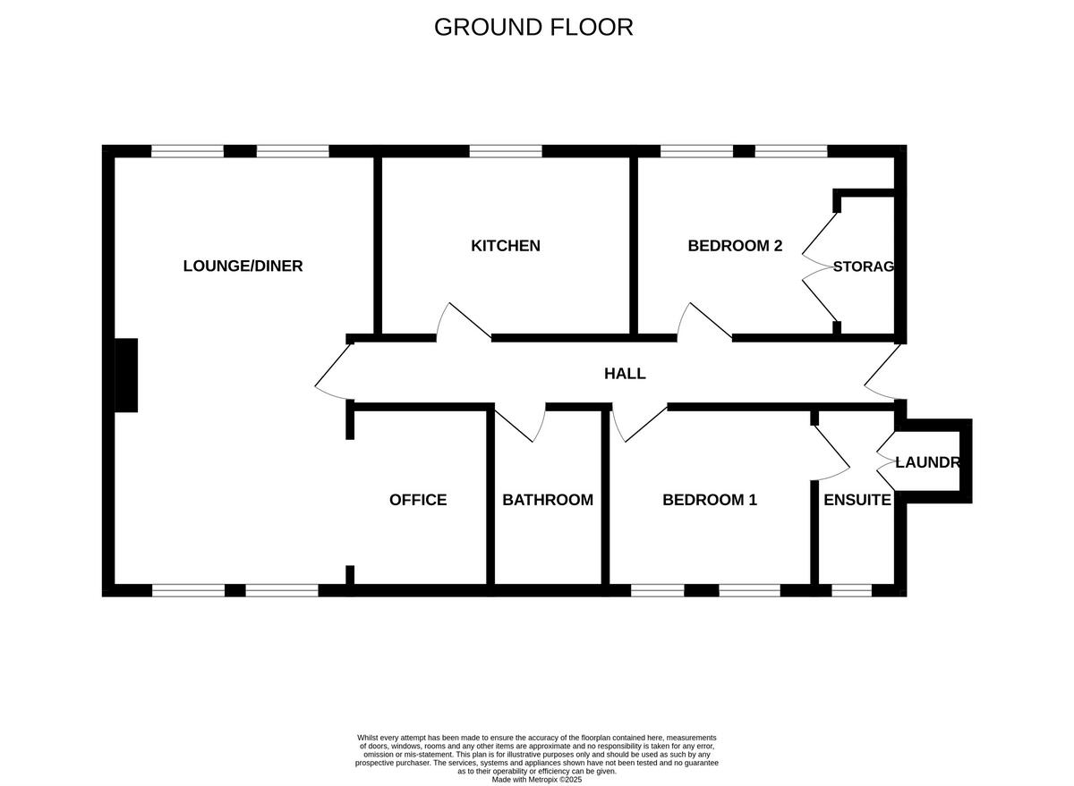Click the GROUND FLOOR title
tap(533, 27)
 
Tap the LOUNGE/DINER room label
tap(243, 266)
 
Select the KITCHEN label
tap(506, 245)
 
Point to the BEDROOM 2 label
tap(735, 245)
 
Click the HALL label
tap(625, 374)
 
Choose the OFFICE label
tap(418, 500)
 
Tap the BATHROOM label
tap(548, 500)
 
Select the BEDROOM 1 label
tap(710, 500)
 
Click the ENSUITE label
tap(857, 500)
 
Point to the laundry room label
tap(927, 463)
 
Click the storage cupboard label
tap(863, 266)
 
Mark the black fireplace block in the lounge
tap(126, 375)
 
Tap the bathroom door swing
tap(521, 424)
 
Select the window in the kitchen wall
tap(506, 151)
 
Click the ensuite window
tap(851, 590)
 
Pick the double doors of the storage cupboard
tap(820, 266)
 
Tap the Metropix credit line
tap(537, 780)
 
